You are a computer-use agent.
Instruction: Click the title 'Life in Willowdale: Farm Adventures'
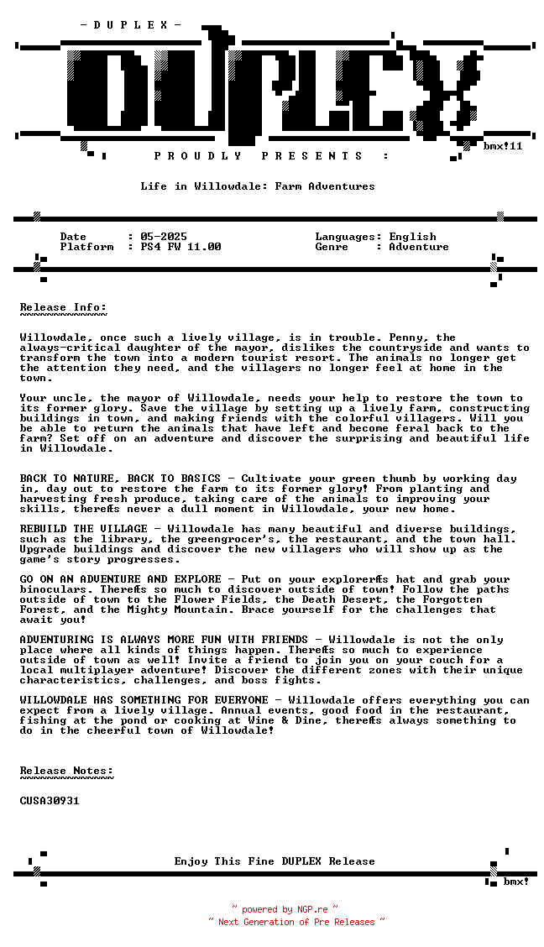pyautogui.click(x=258, y=186)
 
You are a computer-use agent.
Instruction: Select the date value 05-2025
pyautogui.click(x=164, y=237)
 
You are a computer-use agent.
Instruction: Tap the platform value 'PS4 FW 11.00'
pyautogui.click(x=180, y=247)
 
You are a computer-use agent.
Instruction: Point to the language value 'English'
pyautogui.click(x=412, y=237)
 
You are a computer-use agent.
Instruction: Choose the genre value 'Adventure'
pyautogui.click(x=419, y=247)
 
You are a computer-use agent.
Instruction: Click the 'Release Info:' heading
pyautogui.click(x=63, y=307)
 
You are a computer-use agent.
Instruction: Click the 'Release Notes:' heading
pyautogui.click(x=66, y=771)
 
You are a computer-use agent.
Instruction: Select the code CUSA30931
pyautogui.click(x=50, y=801)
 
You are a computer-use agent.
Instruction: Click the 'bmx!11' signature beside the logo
pyautogui.click(x=503, y=146)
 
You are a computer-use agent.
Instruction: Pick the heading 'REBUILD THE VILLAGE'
pyautogui.click(x=83, y=529)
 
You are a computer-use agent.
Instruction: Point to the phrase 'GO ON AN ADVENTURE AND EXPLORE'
pyautogui.click(x=120, y=579)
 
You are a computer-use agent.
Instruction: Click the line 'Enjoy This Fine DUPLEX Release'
pyautogui.click(x=275, y=861)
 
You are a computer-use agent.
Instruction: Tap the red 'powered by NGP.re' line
pyautogui.click(x=285, y=909)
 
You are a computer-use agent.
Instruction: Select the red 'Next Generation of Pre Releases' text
pyautogui.click(x=296, y=922)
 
